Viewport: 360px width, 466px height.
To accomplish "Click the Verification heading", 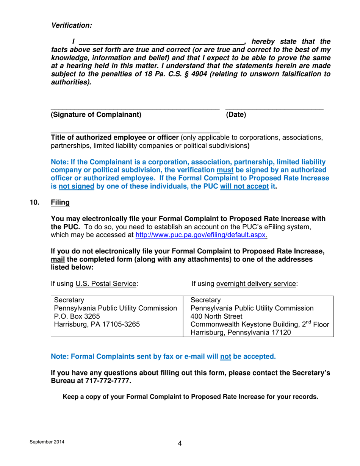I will click(72, 25).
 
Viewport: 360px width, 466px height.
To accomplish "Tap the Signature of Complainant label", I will click(95, 115).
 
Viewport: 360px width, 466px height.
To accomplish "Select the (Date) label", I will click(236, 115).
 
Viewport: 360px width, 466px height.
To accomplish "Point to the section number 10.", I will click(34, 203).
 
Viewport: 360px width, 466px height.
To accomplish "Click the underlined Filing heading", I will click(60, 203).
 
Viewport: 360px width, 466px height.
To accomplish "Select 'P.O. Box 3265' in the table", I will click(72, 316).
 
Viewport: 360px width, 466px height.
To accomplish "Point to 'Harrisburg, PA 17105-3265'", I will click(97, 324).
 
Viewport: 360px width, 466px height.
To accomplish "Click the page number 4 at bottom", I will click(180, 444).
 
